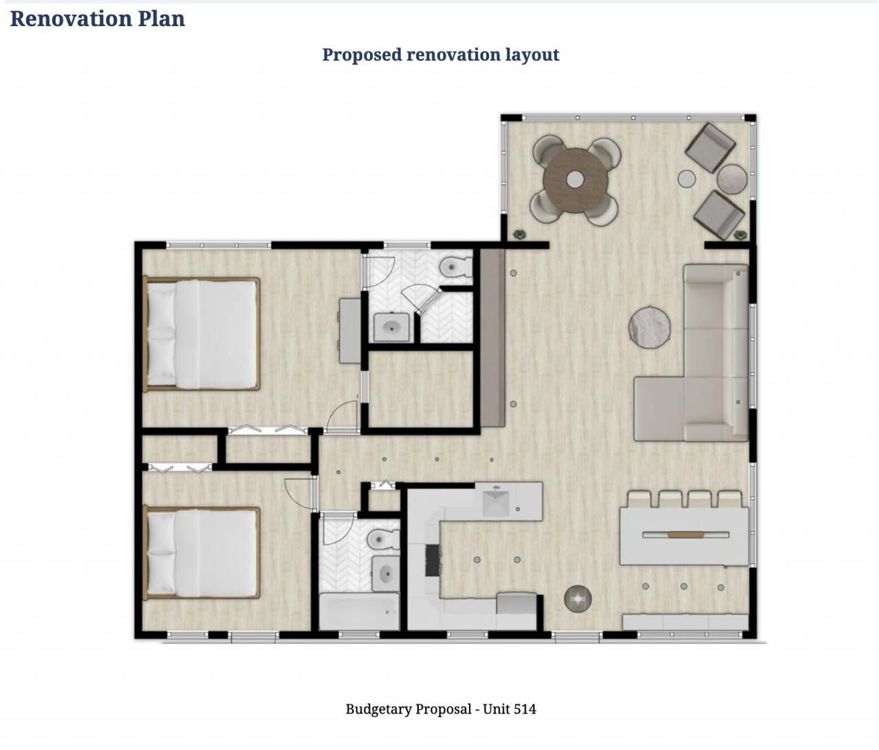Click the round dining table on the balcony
click(575, 180)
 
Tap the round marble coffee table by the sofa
click(650, 327)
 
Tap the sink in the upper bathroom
click(391, 328)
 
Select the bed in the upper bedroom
click(202, 334)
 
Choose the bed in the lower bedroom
click(202, 553)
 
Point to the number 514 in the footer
click(525, 709)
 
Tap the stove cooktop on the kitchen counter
click(433, 560)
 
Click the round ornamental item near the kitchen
click(578, 598)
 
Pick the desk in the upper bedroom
click(350, 330)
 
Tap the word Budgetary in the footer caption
click(378, 709)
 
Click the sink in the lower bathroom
click(386, 573)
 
